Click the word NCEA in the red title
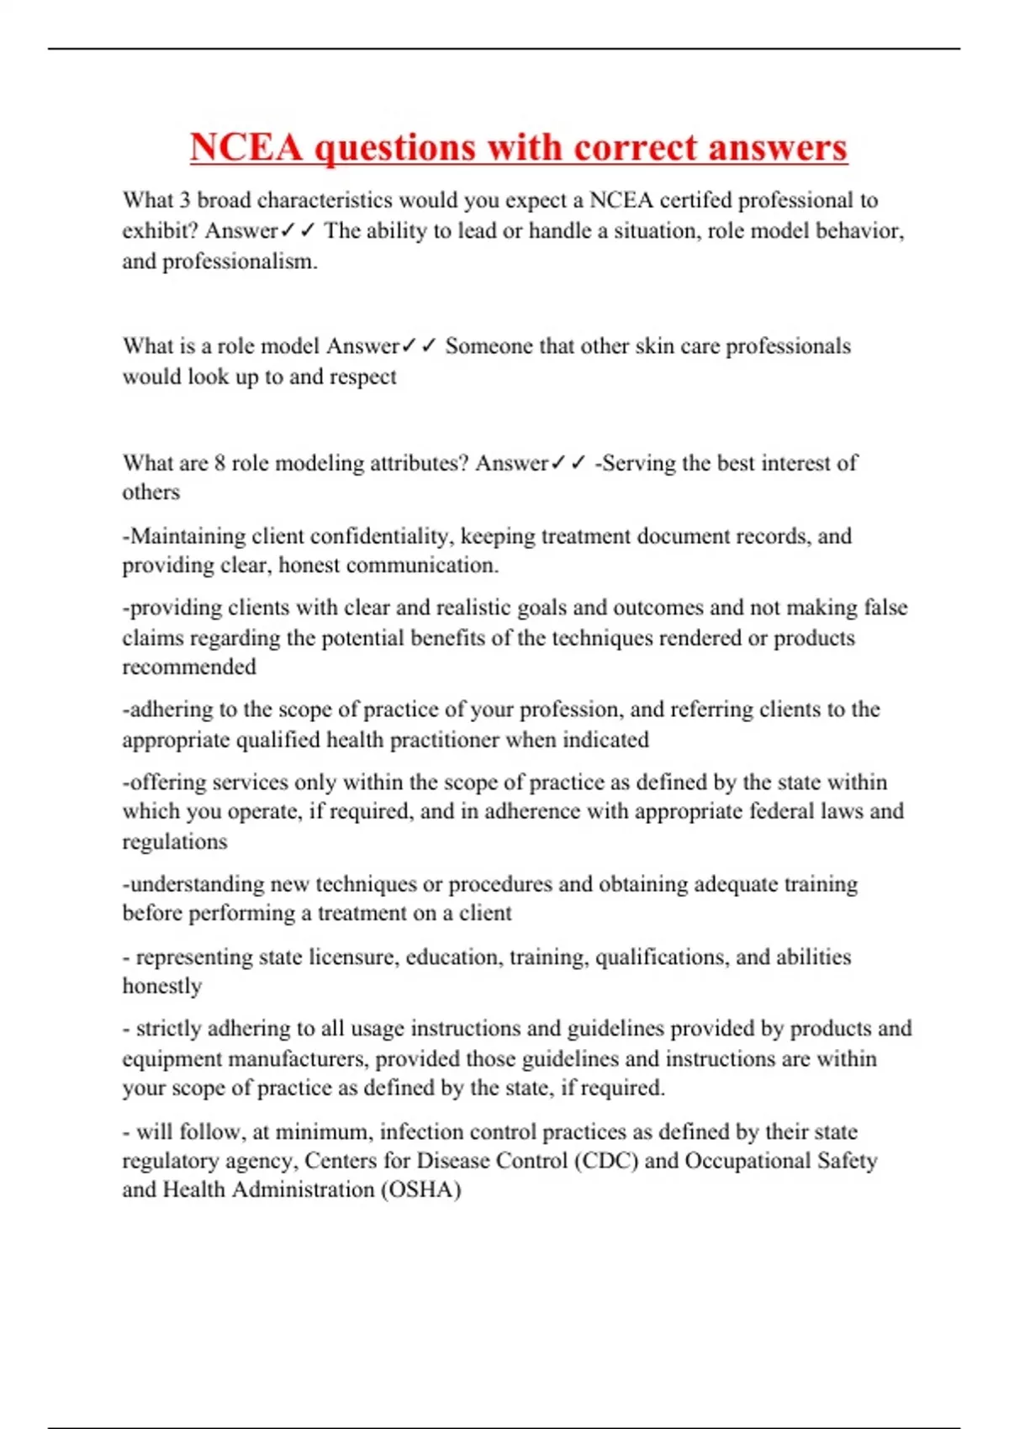(246, 148)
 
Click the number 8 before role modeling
(219, 463)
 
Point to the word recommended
(189, 667)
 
